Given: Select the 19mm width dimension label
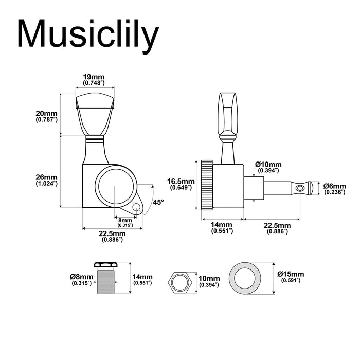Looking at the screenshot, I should click(94, 79).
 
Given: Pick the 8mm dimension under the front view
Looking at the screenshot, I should click(125, 222).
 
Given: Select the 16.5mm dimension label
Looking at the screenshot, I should click(181, 184).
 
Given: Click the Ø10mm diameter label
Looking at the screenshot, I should click(267, 167).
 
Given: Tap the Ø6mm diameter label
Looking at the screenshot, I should click(335, 189).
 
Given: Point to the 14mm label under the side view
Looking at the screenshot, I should click(222, 228).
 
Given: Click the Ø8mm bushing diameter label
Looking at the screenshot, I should click(82, 280).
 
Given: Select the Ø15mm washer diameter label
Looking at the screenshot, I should click(291, 277).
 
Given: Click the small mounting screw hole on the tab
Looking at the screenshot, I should click(136, 208).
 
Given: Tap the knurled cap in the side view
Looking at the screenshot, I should click(206, 185).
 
